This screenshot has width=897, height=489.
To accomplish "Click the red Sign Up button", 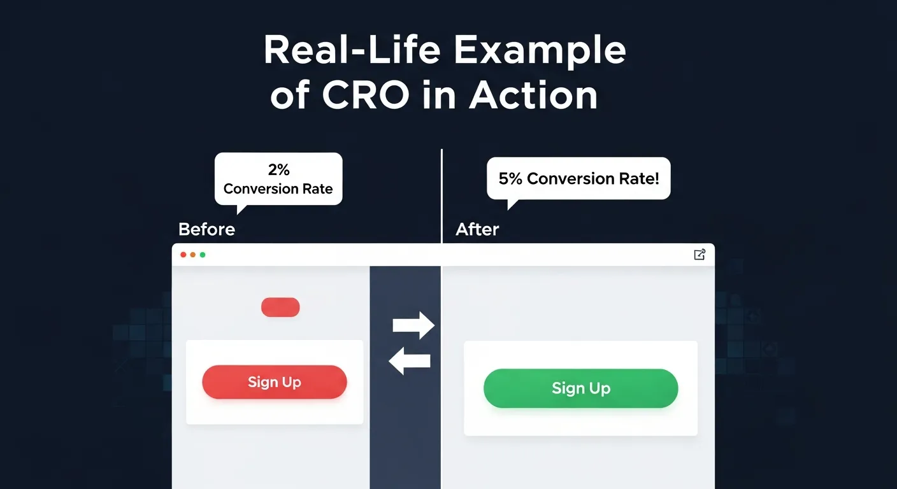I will point(274,382).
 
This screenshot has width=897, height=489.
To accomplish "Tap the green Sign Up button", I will point(580,388).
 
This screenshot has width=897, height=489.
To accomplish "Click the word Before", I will point(206,229).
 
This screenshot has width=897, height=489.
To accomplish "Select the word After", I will point(477,229).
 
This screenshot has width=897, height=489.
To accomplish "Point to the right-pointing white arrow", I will point(413,326).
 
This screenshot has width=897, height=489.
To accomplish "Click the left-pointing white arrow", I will point(410,362).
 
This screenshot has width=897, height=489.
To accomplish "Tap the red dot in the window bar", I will point(183,255).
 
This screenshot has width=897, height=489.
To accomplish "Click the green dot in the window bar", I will point(203,255).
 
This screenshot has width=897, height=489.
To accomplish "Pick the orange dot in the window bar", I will point(193,255).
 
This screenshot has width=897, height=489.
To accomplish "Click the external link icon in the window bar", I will point(699,255).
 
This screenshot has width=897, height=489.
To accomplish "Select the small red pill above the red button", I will point(280,307).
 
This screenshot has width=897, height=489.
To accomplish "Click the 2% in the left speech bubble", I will point(278,170).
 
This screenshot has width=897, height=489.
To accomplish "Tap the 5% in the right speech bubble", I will point(510,179).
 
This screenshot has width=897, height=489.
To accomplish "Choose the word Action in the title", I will point(533,96).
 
